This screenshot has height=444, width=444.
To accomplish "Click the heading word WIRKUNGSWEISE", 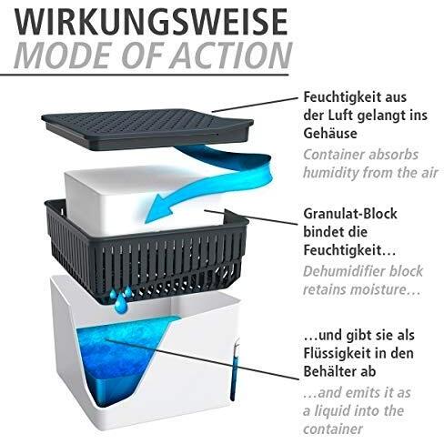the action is click(x=151, y=21).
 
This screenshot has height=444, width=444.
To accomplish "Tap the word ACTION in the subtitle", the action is click(x=231, y=55).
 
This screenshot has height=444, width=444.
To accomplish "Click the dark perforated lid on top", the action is click(x=147, y=129).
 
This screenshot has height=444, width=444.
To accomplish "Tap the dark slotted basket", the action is click(x=146, y=252).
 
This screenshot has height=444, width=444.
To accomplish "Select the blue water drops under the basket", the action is click(x=120, y=298).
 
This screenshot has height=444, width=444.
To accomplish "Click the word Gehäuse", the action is click(x=330, y=134).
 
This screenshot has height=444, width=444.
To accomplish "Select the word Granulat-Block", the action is click(x=350, y=214).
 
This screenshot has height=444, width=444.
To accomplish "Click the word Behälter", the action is click(x=328, y=371).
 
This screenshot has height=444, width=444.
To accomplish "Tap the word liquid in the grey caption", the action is click(x=334, y=411).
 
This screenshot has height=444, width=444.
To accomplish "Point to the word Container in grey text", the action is click(x=332, y=155).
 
